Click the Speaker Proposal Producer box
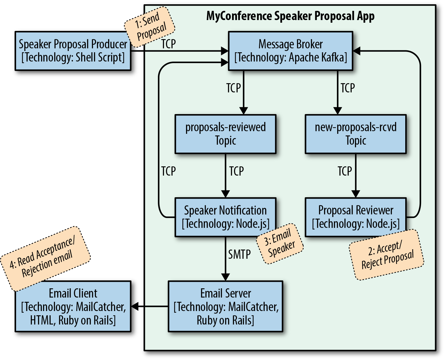[73, 51]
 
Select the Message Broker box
[291, 51]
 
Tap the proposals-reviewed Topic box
[225, 134]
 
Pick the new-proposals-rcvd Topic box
[356, 134]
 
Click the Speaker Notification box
[225, 217]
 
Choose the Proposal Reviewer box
[356, 217]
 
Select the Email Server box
[225, 306]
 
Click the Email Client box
[73, 306]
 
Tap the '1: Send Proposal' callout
[150, 26]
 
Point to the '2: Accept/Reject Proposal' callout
[386, 255]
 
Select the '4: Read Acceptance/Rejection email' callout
[45, 258]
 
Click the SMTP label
[240, 254]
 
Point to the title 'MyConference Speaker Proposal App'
[290, 16]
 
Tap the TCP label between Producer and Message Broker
[169, 44]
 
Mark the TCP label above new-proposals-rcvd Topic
[348, 88]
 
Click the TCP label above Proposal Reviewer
[345, 171]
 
